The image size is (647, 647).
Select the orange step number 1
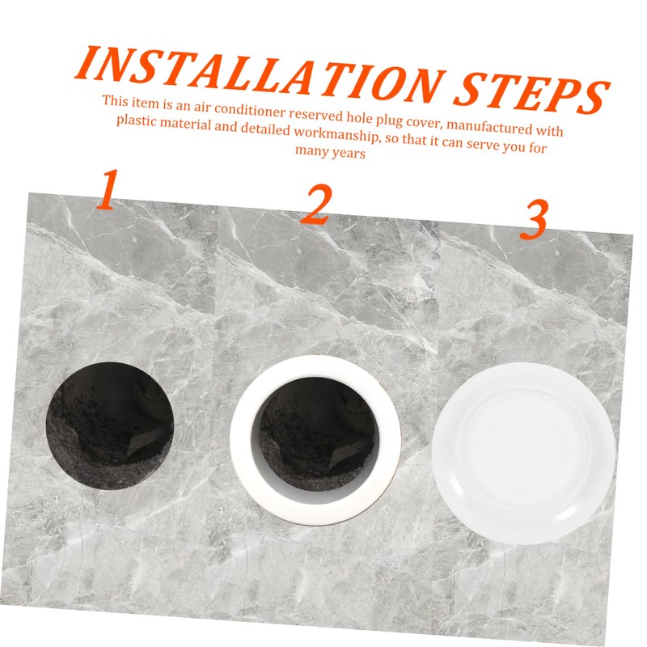[x=106, y=192]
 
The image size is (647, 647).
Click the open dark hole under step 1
[x=108, y=425]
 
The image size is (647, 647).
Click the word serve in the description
[x=476, y=143]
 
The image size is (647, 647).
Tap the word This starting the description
[x=114, y=100]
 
